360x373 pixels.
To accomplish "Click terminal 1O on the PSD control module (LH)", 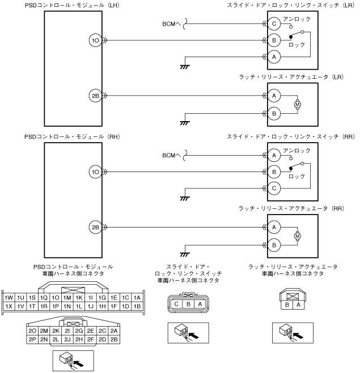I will point(95,40).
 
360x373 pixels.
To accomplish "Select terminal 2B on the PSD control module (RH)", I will point(95,228).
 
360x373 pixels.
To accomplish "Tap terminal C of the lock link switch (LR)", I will point(274,24).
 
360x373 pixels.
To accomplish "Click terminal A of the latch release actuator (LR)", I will point(274,96).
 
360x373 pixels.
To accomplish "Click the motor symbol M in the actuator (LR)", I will point(297,105).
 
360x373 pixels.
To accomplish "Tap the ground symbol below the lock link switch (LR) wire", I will point(184,67).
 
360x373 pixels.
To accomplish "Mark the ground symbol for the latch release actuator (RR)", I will point(184,254).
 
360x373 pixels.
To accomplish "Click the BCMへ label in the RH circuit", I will point(171,155).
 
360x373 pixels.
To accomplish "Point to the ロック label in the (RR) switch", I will point(297,176).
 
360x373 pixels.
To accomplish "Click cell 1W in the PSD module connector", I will point(9,297).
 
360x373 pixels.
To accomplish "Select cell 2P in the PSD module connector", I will point(32,340).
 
